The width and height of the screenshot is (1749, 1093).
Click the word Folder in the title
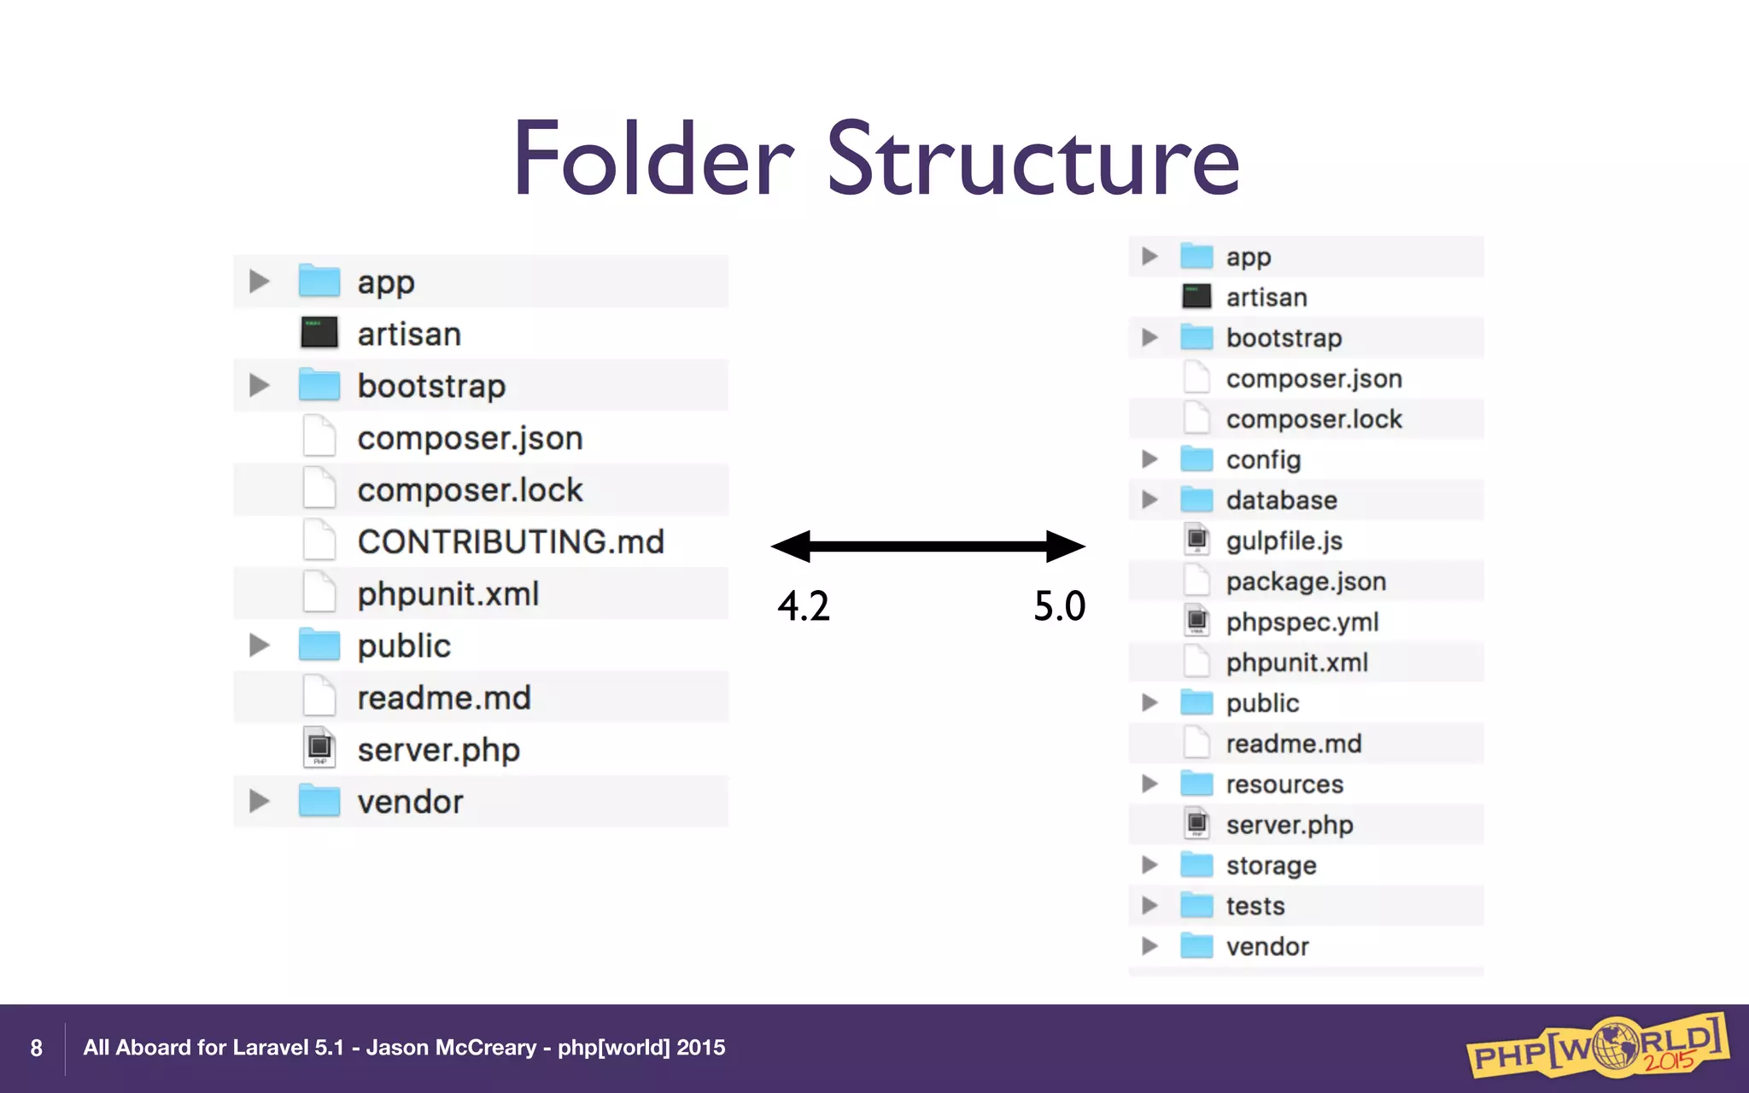click(653, 160)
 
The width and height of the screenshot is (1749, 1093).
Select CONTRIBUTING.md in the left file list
click(510, 542)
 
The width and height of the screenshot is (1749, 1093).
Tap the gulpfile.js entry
click(1284, 541)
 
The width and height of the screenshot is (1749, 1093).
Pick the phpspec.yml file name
click(1302, 622)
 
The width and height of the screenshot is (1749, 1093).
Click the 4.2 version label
click(803, 606)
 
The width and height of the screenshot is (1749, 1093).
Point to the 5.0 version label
click(1059, 606)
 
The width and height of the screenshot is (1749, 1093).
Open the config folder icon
click(1196, 459)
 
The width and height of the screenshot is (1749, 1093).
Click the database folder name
click(1281, 500)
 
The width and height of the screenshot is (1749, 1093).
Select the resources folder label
click(1284, 784)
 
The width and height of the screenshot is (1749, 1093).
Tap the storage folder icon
click(1196, 865)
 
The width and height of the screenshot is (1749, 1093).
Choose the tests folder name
click(1255, 906)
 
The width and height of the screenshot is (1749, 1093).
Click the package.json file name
click(1306, 582)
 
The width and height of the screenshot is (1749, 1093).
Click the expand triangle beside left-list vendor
click(259, 801)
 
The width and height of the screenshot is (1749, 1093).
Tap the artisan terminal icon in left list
click(319, 333)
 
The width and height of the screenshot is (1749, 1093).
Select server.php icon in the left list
click(319, 749)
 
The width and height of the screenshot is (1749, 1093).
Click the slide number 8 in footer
click(36, 1048)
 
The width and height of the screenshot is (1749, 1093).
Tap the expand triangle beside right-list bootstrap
click(1149, 337)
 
